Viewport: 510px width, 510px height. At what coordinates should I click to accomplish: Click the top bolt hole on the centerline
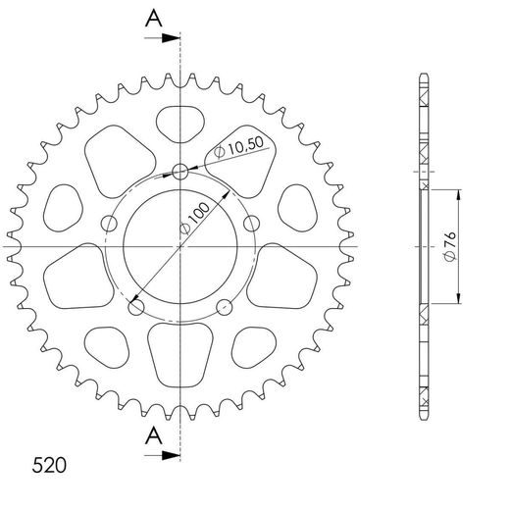(x=179, y=172)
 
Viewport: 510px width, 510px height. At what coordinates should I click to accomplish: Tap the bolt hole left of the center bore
(x=108, y=222)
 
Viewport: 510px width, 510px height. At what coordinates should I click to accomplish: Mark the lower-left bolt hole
(x=134, y=305)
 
